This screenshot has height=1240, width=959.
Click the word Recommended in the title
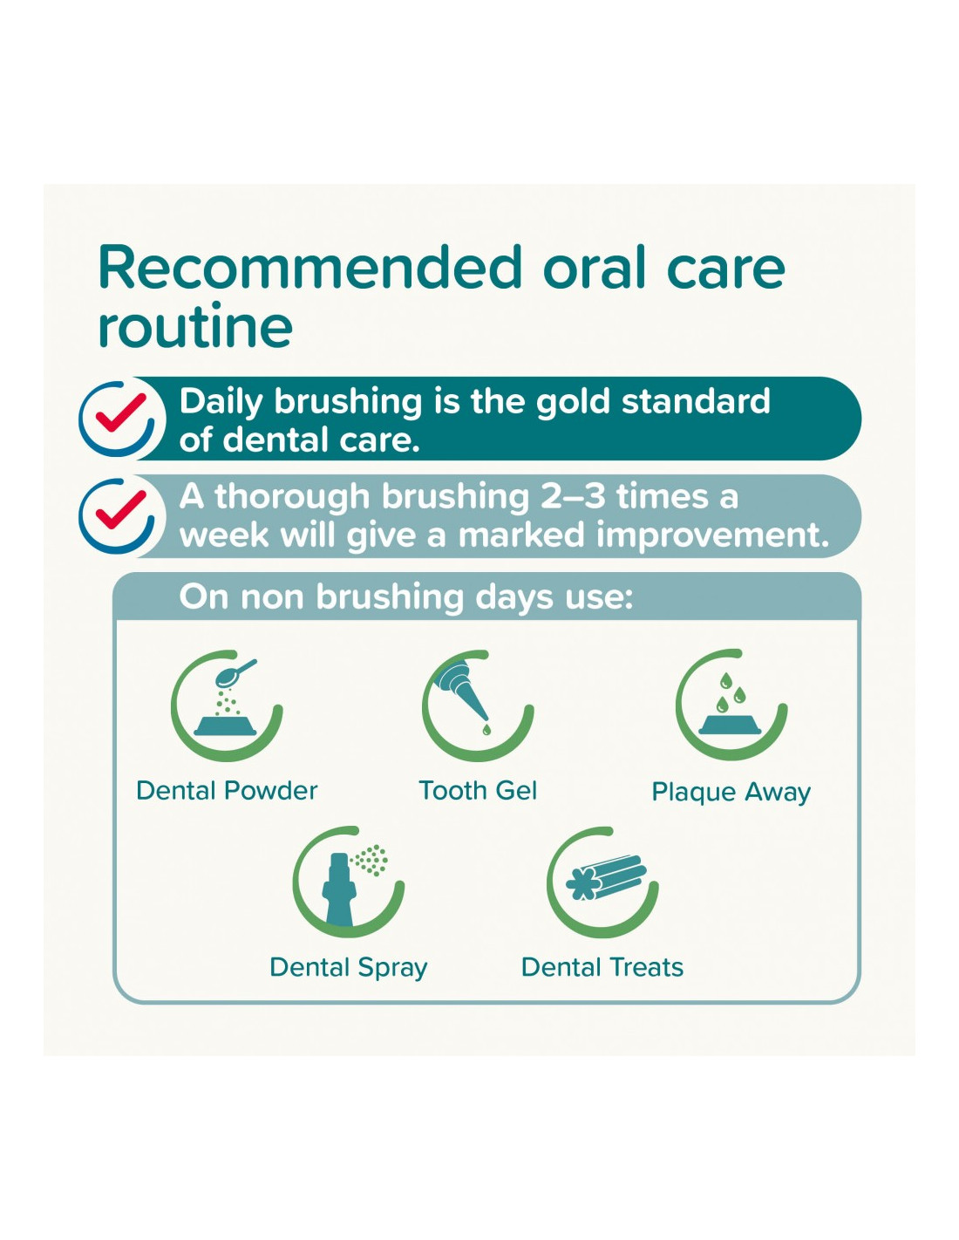tap(309, 267)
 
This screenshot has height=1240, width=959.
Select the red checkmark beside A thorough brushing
tap(120, 508)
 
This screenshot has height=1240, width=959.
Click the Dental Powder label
tap(227, 791)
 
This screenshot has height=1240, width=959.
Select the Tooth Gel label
tap(478, 791)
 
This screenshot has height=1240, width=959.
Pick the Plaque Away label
tap(731, 793)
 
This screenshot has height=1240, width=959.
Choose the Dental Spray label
tap(349, 968)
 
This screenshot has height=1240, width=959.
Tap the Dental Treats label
tap(602, 967)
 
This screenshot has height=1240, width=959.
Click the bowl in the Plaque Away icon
tap(731, 726)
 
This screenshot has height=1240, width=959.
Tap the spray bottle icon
tap(339, 889)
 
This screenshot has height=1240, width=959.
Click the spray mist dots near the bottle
tap(371, 860)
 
